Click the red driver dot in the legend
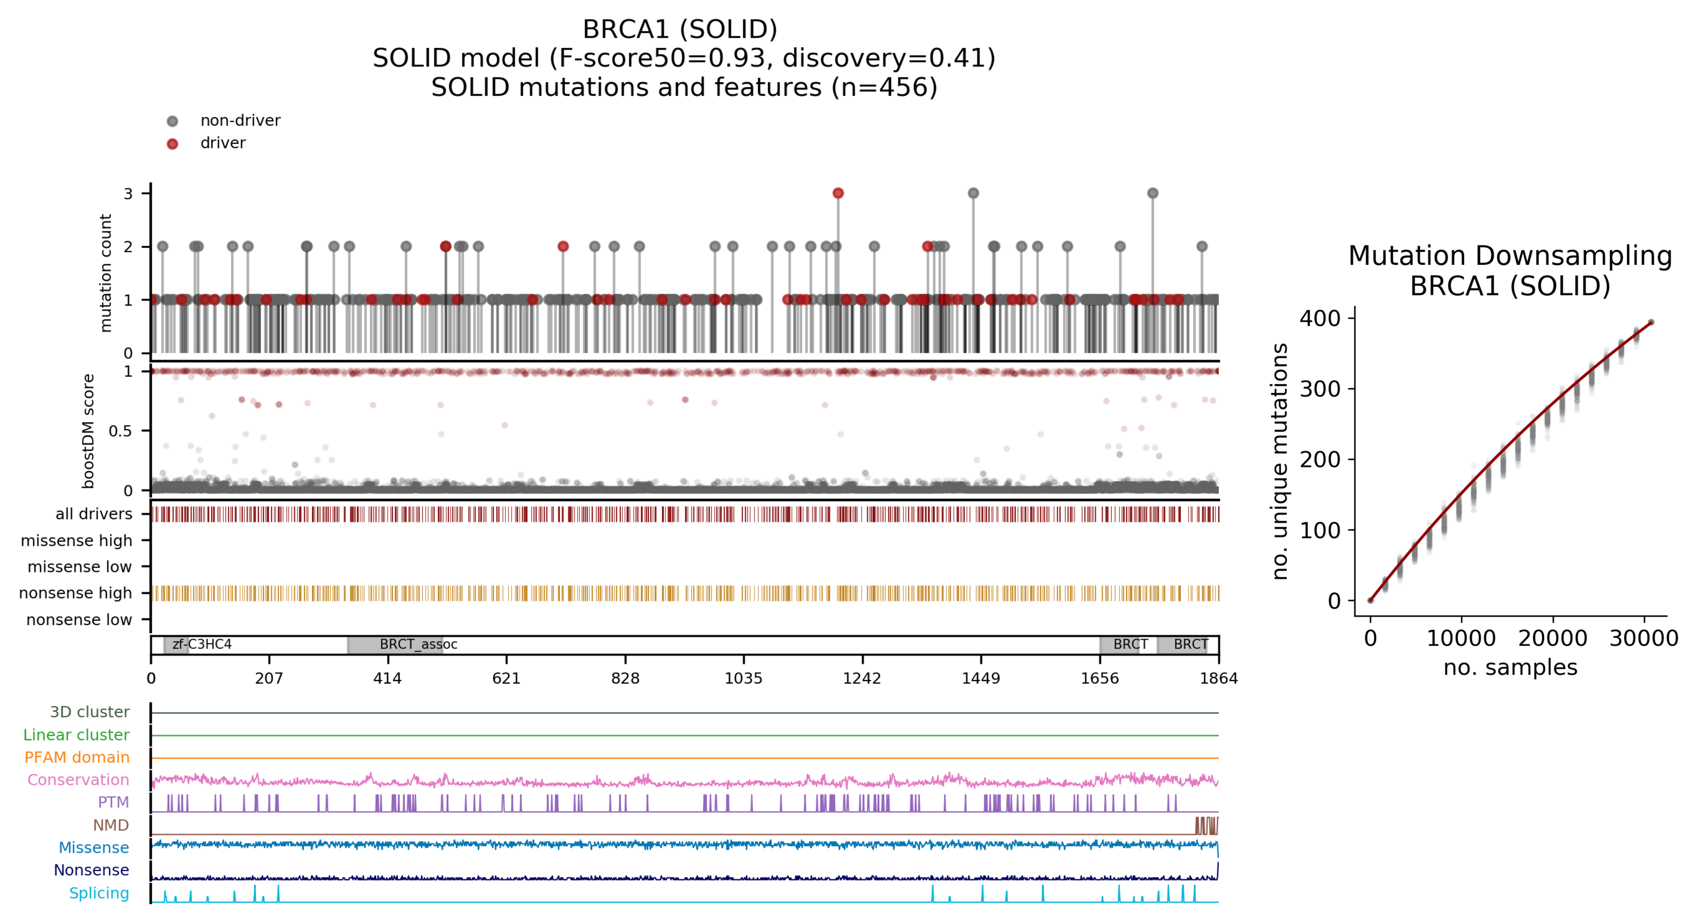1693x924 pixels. pyautogui.click(x=172, y=144)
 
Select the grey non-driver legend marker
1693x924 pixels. pyautogui.click(x=172, y=121)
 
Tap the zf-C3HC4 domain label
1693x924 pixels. pyautogui.click(x=202, y=644)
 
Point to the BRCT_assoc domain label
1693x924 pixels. pyautogui.click(x=418, y=644)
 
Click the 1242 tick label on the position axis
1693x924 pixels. pyautogui.click(x=862, y=678)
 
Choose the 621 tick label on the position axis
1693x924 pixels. pyautogui.click(x=506, y=678)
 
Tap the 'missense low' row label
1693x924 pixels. pyautogui.click(x=79, y=567)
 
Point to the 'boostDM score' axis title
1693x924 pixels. pyautogui.click(x=88, y=431)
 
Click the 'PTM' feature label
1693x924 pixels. pyautogui.click(x=113, y=802)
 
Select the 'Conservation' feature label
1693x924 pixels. pyautogui.click(x=78, y=780)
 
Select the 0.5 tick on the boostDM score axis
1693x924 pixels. pyautogui.click(x=120, y=431)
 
